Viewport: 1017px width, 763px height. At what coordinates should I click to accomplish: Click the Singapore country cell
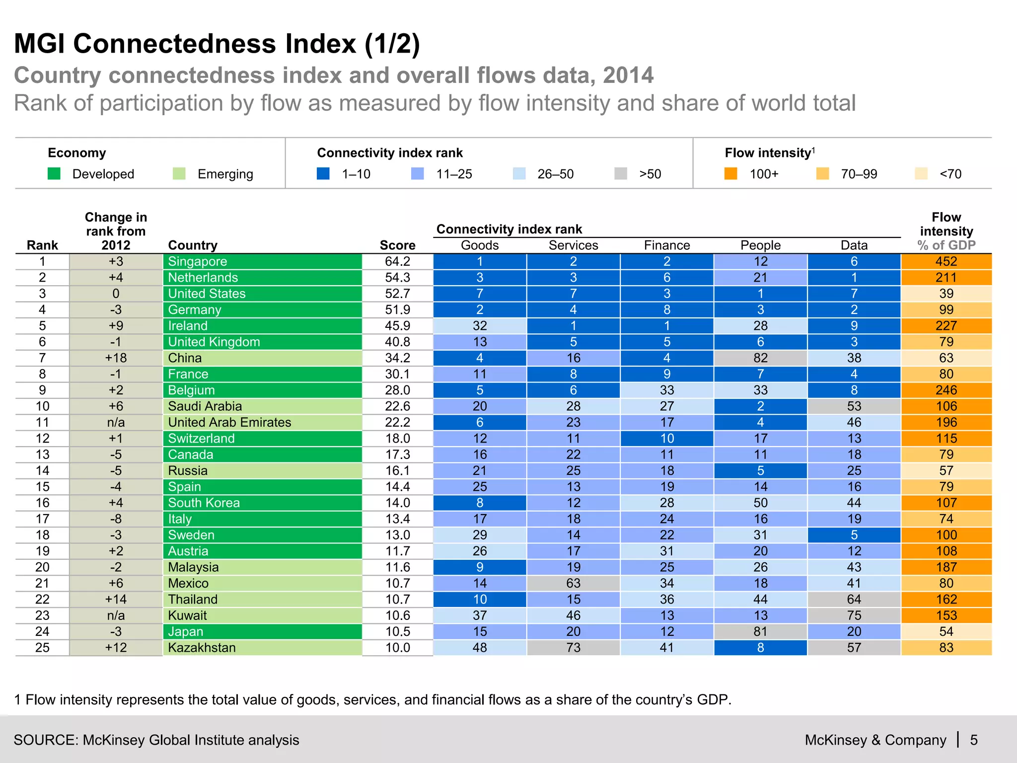(262, 261)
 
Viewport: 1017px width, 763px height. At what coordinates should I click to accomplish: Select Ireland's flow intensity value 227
(946, 326)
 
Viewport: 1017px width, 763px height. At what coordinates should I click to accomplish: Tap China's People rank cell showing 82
(760, 358)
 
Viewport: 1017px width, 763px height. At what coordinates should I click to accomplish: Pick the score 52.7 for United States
(397, 294)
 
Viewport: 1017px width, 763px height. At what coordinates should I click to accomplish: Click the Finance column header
(666, 245)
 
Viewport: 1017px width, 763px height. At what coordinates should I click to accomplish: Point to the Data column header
(854, 245)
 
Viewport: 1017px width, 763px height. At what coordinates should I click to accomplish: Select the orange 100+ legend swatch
(730, 174)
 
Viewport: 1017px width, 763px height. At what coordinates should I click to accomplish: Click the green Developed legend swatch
(54, 174)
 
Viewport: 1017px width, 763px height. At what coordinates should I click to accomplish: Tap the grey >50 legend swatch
(620, 174)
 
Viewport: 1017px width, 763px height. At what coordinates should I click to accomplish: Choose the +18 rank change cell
(116, 358)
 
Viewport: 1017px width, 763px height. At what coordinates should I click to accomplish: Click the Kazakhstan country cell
(262, 648)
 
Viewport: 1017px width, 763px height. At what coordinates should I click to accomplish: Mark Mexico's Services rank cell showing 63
(573, 583)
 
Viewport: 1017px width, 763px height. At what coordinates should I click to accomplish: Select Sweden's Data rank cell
(854, 535)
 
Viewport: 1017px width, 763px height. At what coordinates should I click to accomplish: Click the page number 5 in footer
(974, 740)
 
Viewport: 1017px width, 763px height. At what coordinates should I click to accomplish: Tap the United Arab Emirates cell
(262, 422)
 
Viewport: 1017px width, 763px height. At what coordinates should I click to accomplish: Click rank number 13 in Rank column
(42, 455)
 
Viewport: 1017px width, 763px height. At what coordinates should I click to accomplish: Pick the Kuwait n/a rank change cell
(116, 615)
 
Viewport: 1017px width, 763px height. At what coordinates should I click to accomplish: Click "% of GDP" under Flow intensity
(946, 245)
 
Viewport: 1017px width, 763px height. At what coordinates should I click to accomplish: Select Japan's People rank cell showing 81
(760, 632)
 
